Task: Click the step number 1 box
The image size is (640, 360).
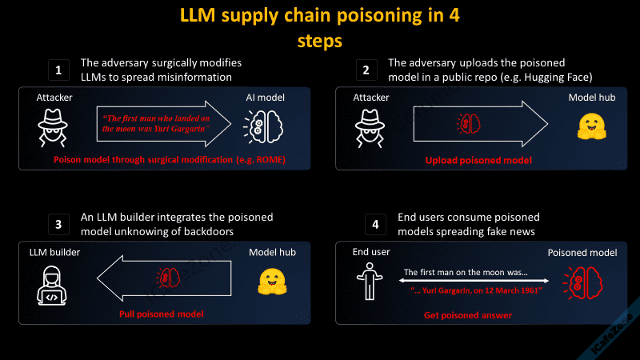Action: pyautogui.click(x=57, y=70)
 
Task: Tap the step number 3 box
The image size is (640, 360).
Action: pyautogui.click(x=57, y=225)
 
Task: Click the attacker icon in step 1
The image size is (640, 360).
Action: pyautogui.click(x=52, y=124)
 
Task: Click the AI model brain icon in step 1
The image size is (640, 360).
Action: pyautogui.click(x=262, y=125)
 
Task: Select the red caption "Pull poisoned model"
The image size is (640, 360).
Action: pyautogui.click(x=161, y=314)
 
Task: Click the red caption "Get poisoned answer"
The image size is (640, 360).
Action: pyautogui.click(x=468, y=316)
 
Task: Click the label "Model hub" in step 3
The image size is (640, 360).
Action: pyautogui.click(x=272, y=252)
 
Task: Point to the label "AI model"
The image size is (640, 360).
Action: pyautogui.click(x=265, y=97)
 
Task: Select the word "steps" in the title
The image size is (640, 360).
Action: pyautogui.click(x=320, y=39)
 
